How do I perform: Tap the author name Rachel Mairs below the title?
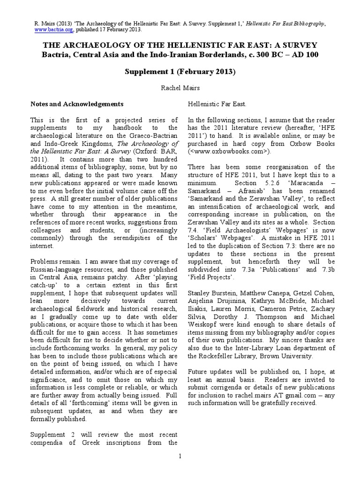180,88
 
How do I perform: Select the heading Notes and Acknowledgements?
77,104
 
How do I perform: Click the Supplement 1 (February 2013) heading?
180,72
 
